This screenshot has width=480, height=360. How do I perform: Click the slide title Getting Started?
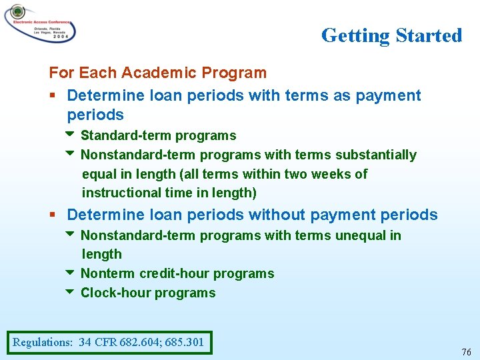pyautogui.click(x=391, y=35)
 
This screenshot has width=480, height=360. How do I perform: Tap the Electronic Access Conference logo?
pyautogui.click(x=39, y=24)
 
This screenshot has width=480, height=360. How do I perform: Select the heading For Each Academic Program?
pyautogui.click(x=157, y=73)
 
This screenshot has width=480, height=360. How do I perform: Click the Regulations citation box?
pyautogui.click(x=109, y=343)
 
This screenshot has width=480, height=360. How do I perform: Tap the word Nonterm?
pyautogui.click(x=107, y=273)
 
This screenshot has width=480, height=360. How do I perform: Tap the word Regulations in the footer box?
pyautogui.click(x=43, y=343)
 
